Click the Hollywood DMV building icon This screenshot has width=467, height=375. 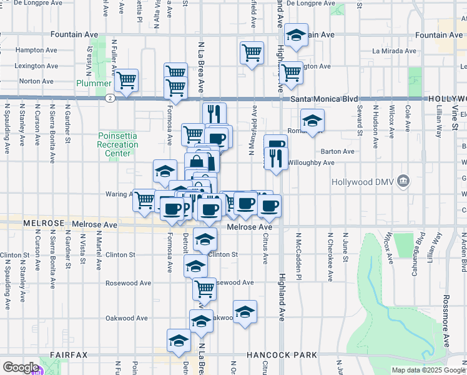click(404, 182)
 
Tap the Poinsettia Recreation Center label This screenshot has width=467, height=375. click(118, 145)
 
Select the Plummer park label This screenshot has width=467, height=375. click(94, 83)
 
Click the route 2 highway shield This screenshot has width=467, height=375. click(110, 98)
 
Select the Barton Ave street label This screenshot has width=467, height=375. click(337, 151)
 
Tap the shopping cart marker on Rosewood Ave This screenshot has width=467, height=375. click(204, 289)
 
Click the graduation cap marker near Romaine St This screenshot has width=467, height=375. click(312, 120)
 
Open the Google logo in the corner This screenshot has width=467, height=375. click(20, 367)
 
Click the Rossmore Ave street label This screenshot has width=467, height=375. click(446, 325)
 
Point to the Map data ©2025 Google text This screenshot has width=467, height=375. click(428, 370)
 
